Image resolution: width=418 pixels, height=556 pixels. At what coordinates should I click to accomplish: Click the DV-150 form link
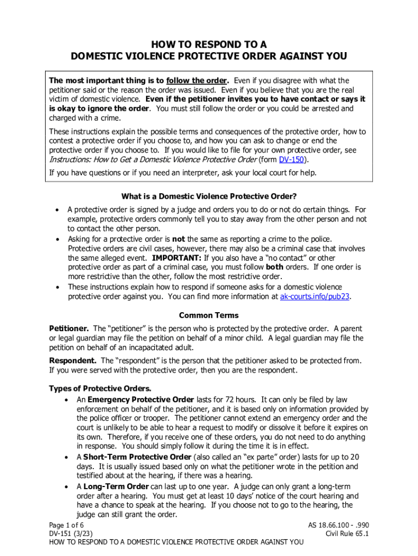pos(291,160)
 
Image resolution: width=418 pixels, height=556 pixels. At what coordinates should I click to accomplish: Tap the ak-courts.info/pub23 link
pos(312,297)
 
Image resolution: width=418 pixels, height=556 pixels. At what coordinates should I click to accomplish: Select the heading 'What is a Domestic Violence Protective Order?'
pos(209,196)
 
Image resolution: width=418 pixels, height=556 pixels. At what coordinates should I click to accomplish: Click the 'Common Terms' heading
pos(209,315)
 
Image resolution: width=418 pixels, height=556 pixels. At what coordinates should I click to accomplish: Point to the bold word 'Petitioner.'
pos(69,329)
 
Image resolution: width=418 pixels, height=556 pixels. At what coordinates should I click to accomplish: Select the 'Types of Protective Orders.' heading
pos(100,389)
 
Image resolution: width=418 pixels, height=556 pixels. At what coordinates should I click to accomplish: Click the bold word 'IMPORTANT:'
pos(177,258)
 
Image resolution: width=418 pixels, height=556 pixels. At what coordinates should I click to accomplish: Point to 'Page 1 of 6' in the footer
pos(67,526)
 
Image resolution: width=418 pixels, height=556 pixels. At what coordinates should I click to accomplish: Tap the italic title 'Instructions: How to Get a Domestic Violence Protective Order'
pos(153,160)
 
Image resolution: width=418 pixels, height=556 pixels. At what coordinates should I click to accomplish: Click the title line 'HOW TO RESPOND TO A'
pos(209,44)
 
